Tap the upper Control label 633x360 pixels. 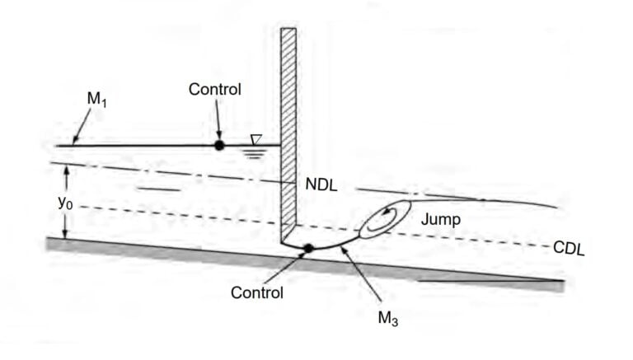[x=214, y=89]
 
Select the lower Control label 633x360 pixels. [x=257, y=292]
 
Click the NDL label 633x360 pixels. [x=321, y=185]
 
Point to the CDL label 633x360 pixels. [x=568, y=248]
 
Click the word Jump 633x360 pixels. [x=440, y=219]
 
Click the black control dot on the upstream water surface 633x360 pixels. [x=218, y=145]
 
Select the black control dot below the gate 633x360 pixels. [x=308, y=247]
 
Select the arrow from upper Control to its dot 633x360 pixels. [x=218, y=120]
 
